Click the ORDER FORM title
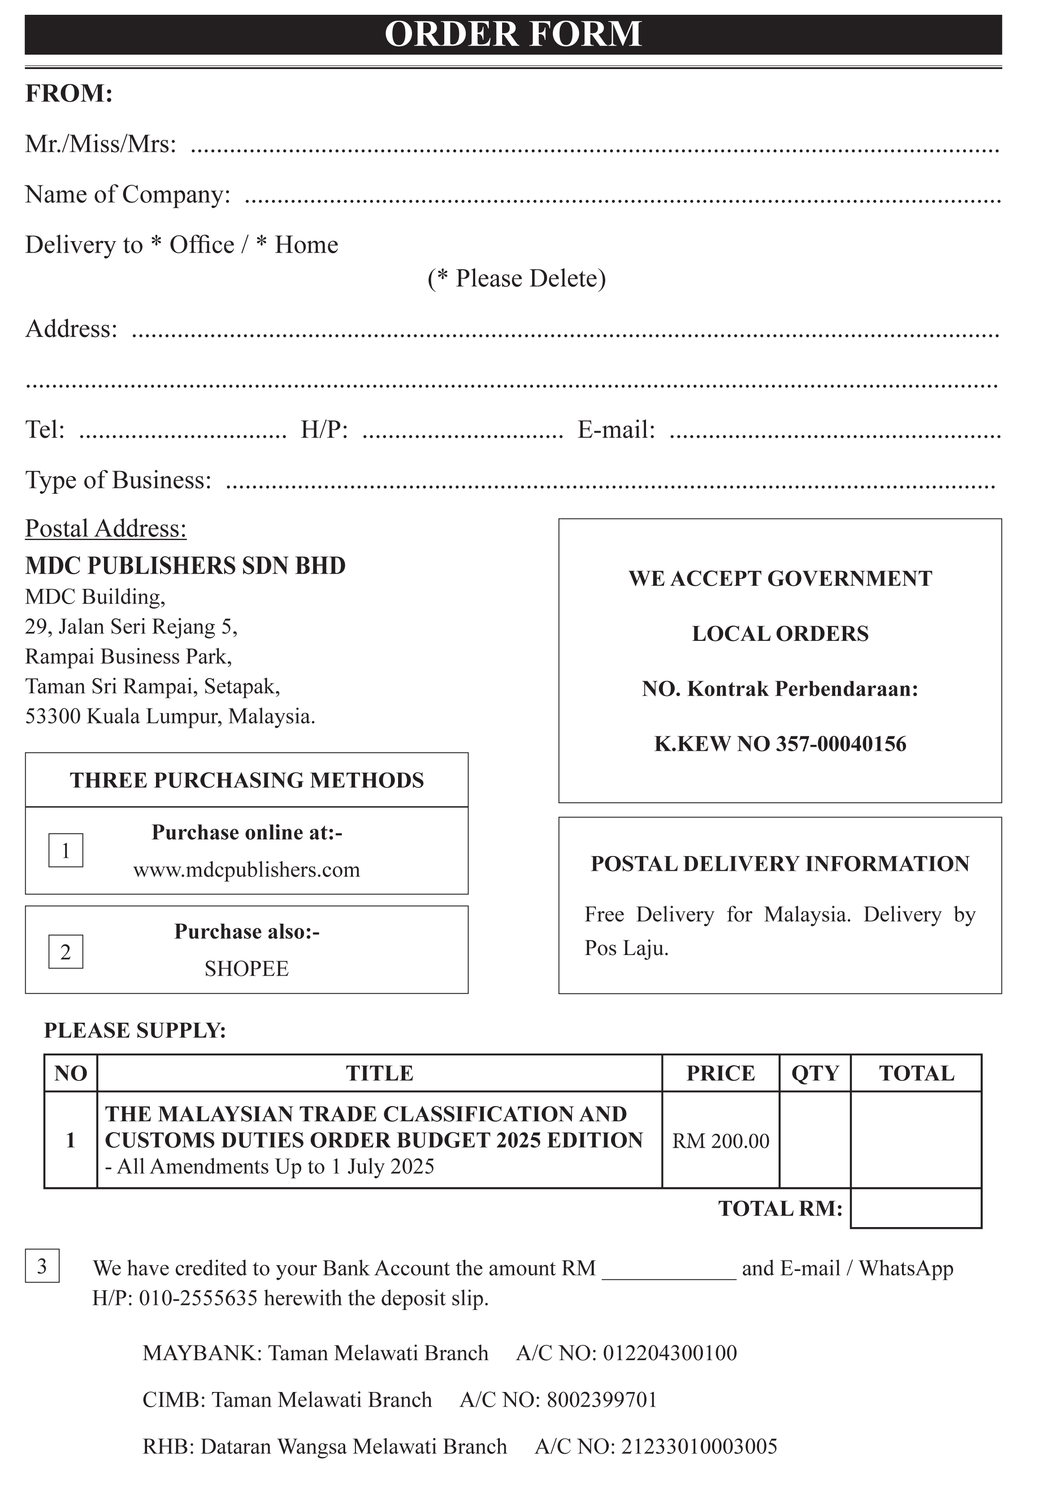click(x=513, y=35)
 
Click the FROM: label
click(x=69, y=93)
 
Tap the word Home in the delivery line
click(x=306, y=245)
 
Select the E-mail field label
click(x=616, y=430)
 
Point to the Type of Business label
click(x=118, y=480)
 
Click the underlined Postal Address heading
click(x=105, y=528)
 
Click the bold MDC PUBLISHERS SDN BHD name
click(x=185, y=566)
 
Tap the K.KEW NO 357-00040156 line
click(x=780, y=744)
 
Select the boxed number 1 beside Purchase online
click(x=66, y=851)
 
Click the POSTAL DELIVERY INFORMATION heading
click(x=780, y=864)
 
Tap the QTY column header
click(x=815, y=1073)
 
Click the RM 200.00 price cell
click(x=720, y=1141)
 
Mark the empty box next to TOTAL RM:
click(x=915, y=1209)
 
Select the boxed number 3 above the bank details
click(x=42, y=1266)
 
